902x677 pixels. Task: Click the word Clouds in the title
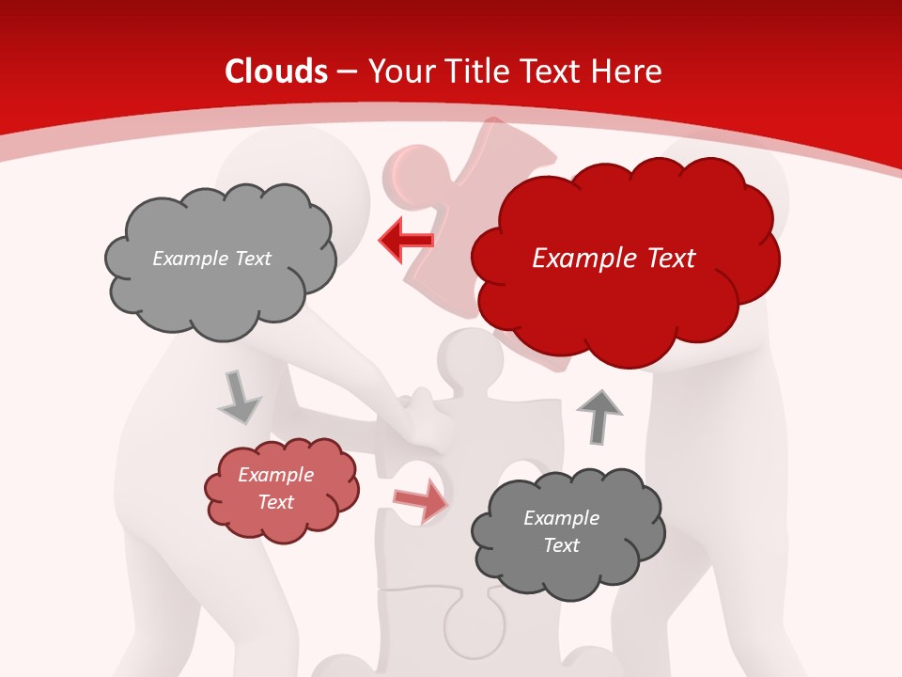(276, 71)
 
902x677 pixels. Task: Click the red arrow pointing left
(406, 241)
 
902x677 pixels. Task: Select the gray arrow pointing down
(239, 398)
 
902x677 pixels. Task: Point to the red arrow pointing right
(421, 500)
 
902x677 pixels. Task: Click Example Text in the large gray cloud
(211, 259)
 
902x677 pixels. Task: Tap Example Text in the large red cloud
(614, 259)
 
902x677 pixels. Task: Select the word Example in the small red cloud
(275, 475)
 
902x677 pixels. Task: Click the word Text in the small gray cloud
(561, 545)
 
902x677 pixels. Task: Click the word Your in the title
(397, 71)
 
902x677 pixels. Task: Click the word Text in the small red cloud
(275, 502)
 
